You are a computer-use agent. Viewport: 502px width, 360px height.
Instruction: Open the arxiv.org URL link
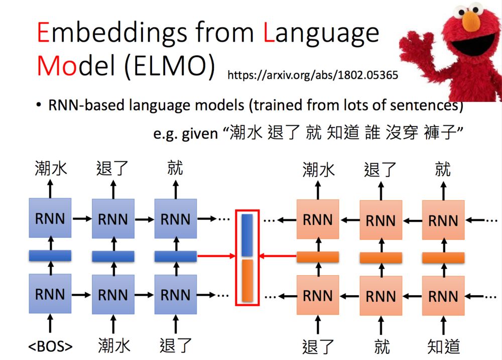pyautogui.click(x=313, y=75)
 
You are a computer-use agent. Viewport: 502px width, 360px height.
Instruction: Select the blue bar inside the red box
pyautogui.click(x=246, y=235)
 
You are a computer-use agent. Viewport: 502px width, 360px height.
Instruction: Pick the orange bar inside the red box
pyautogui.click(x=246, y=281)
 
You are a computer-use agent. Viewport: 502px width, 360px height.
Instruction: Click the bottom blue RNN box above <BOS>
pyautogui.click(x=50, y=294)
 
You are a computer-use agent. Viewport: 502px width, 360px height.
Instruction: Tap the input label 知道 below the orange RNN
pyautogui.click(x=443, y=346)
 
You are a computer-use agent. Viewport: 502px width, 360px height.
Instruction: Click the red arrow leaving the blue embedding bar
pyautogui.click(x=216, y=257)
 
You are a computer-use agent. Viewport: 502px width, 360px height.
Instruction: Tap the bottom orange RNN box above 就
pyautogui.click(x=381, y=296)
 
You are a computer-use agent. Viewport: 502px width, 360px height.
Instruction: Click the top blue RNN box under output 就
pyautogui.click(x=175, y=218)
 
